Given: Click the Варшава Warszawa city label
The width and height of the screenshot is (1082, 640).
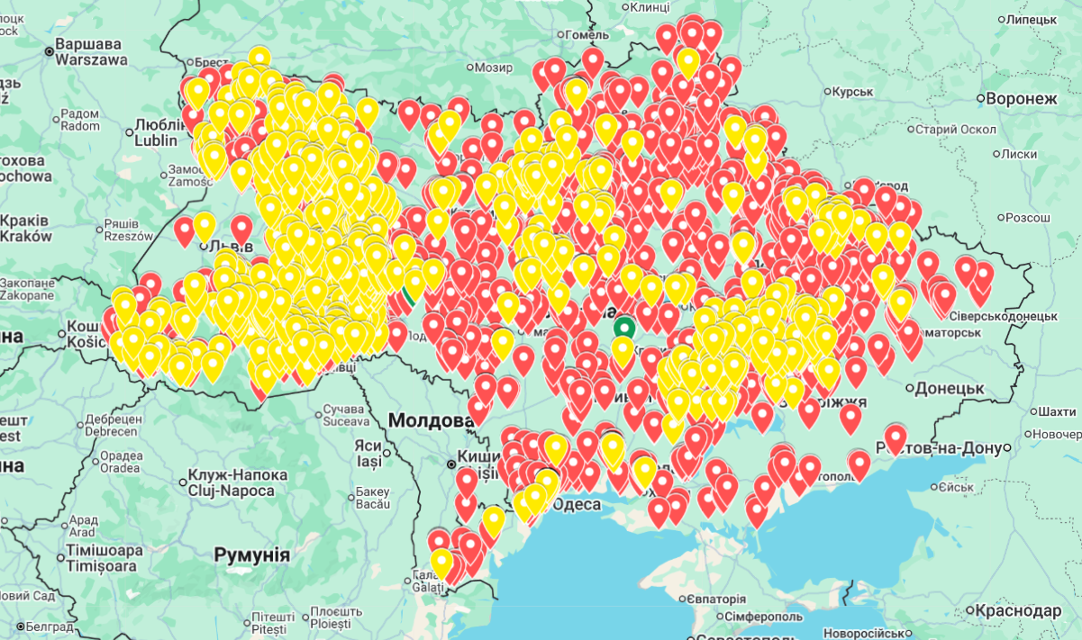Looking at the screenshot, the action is tap(87, 51).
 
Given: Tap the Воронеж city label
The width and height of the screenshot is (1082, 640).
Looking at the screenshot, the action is tap(1021, 99).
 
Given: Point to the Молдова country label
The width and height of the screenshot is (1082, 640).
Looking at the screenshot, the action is tap(431, 420).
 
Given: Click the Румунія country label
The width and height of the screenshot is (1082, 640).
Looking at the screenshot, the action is tap(251, 554).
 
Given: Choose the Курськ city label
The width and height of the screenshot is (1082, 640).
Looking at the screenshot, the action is tap(852, 92).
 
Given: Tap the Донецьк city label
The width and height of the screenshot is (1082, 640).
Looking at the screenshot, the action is tap(948, 389).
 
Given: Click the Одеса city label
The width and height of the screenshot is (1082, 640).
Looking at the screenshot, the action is tap(576, 504).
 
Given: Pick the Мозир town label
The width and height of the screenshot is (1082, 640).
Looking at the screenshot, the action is tap(493, 68).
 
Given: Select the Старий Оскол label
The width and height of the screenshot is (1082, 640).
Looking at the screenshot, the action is tap(955, 130).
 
